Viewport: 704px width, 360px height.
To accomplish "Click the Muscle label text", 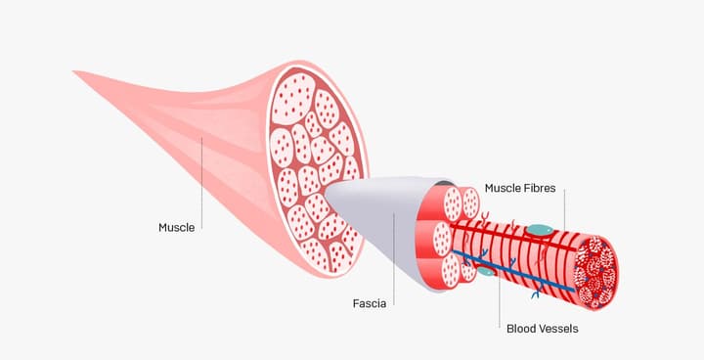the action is coord(176,227).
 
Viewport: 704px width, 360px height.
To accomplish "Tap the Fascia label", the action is coord(369,304).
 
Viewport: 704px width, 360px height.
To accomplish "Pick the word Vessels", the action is coord(560,329).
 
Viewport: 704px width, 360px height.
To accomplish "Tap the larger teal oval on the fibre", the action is coord(539,230).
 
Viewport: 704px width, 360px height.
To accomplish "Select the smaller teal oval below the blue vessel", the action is coord(486,271).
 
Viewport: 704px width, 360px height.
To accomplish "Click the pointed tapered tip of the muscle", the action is coord(74,71).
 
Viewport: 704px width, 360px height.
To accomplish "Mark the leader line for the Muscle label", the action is coord(201,183).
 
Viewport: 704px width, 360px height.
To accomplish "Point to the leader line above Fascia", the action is coord(394,259).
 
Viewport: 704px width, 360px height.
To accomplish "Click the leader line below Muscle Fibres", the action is coord(564,210).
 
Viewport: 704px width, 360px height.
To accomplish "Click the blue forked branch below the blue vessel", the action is coord(536,294).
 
